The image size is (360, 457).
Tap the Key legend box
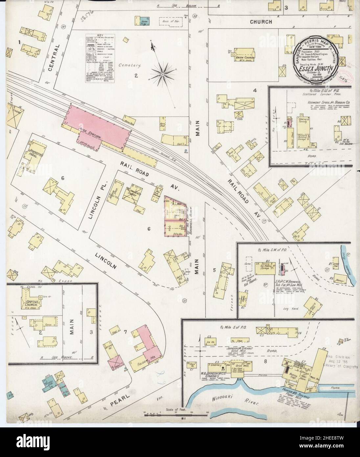[100, 58]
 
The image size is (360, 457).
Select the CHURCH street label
[261, 22]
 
